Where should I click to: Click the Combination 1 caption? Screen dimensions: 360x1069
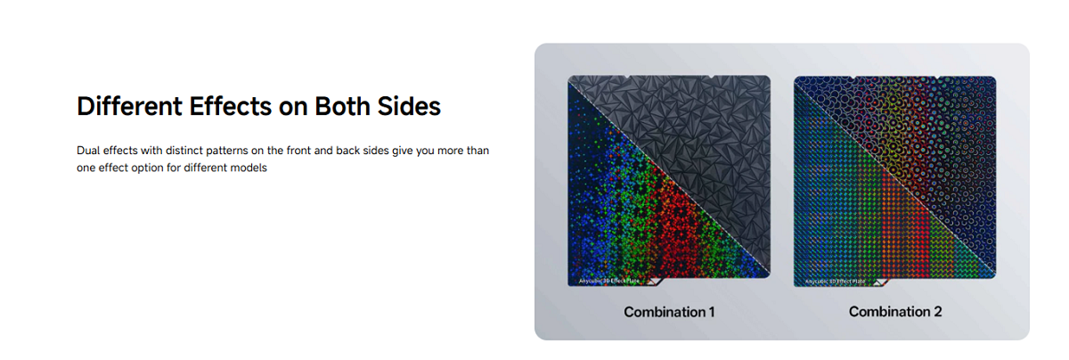669,312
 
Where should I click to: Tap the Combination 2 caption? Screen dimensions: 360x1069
895,312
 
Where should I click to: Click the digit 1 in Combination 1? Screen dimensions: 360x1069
711,312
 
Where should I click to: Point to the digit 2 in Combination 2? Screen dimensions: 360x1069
937,312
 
